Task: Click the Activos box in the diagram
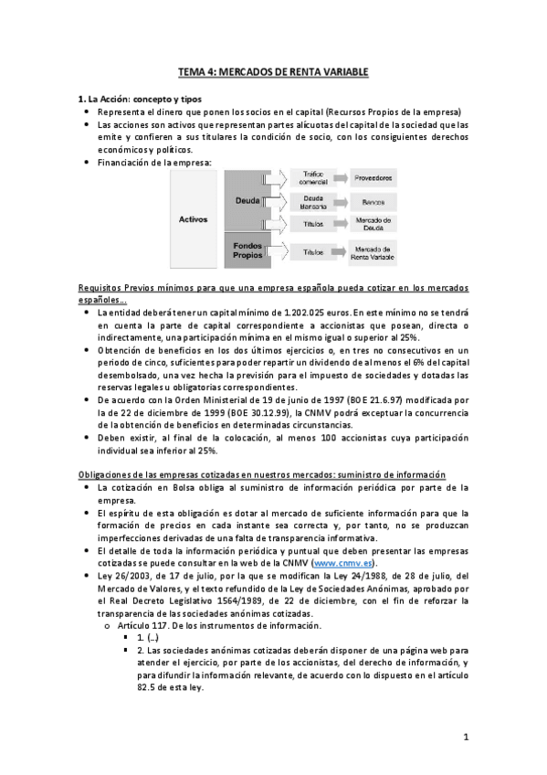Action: (193, 219)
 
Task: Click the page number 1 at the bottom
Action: (465, 737)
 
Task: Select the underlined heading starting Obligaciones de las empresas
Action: (261, 475)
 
